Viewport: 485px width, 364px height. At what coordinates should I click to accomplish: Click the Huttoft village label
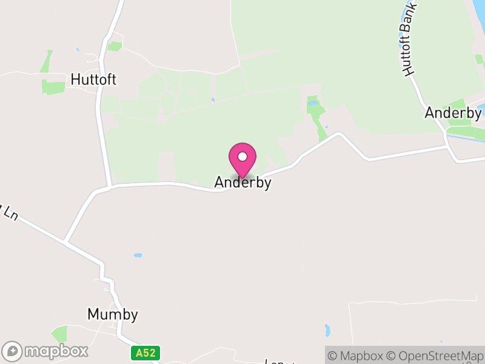pos(93,79)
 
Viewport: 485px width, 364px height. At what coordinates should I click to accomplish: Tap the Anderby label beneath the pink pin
pos(242,183)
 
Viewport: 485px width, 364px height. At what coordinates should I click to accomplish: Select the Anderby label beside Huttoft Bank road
pos(452,112)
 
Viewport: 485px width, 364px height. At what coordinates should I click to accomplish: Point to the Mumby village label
pos(113,314)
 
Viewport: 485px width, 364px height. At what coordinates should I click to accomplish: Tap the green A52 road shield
pos(145,352)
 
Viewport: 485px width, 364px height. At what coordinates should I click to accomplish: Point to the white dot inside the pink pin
pos(242,157)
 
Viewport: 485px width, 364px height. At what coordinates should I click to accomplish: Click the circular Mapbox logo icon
pos(13,351)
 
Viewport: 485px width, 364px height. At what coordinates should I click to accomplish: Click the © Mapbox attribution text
pos(356,356)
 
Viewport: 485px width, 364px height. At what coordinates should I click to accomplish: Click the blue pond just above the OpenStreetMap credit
pos(328,331)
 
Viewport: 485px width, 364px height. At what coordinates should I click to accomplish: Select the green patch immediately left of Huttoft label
pos(53,87)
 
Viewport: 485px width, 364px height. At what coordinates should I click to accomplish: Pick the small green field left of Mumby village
pos(60,334)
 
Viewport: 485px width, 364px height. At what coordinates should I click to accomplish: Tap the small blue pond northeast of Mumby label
pos(138,255)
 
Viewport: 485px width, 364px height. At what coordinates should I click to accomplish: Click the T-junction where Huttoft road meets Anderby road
pos(110,186)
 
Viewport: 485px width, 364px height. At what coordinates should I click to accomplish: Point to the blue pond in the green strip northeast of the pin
pos(313,104)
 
